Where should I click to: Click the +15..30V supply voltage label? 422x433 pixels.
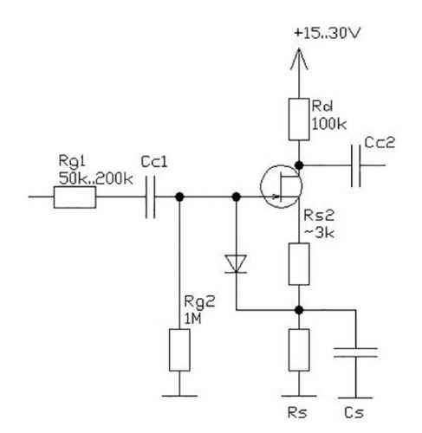point(328,33)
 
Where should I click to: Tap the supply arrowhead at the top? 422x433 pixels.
point(299,59)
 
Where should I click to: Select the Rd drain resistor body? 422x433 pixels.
point(299,120)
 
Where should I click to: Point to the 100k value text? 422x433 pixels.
point(329,125)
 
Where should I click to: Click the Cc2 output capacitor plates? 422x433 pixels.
point(356,165)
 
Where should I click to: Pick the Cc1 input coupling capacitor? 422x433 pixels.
point(150,197)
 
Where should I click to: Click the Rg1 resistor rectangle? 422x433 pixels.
point(75,197)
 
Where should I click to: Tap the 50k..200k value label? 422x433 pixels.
point(95,179)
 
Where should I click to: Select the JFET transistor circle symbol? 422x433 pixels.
point(281,186)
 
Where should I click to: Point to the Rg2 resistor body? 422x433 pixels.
point(179,350)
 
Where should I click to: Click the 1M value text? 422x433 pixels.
point(193,319)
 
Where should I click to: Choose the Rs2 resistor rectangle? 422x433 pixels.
point(299,264)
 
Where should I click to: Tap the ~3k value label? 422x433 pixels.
point(319,233)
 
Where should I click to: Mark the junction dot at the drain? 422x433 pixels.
point(299,165)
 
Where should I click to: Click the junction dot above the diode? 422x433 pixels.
point(237,197)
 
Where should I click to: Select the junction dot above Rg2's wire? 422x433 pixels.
point(179,197)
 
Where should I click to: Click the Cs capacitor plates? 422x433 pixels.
point(355,352)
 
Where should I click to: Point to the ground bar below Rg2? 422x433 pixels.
point(179,396)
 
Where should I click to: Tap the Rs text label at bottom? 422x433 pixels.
point(297,412)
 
